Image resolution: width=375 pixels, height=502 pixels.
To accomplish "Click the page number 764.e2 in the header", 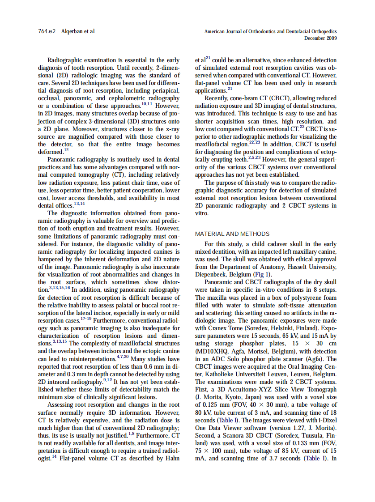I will pos(47,31).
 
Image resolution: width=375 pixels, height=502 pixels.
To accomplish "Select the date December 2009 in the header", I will pos(320,38).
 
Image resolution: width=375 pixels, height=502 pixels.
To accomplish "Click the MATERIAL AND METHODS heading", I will pos(232,234).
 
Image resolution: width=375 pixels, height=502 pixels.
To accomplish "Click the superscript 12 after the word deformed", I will pos(66,150).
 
